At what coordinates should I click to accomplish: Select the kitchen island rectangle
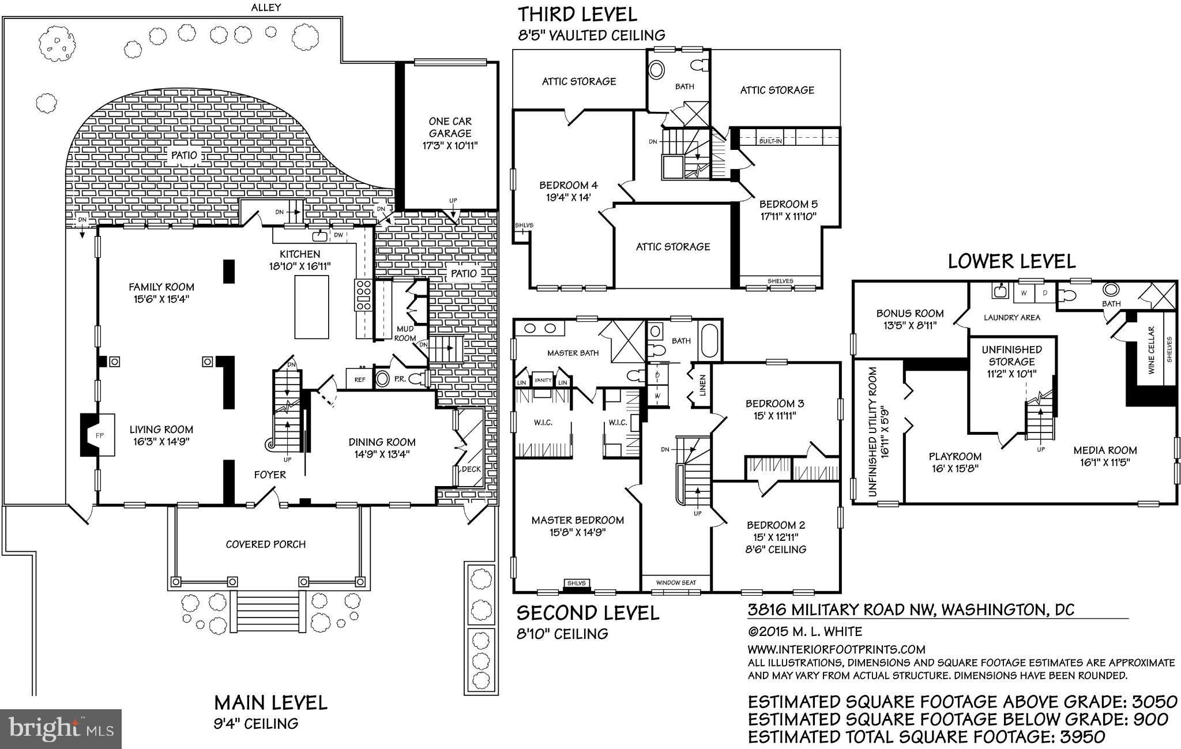(x=311, y=307)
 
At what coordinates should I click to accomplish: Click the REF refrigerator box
(x=359, y=379)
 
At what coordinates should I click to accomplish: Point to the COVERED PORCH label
(x=265, y=544)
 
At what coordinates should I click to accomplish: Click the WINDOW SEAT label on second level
(x=676, y=582)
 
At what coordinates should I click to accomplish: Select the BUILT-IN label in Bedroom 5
(x=770, y=141)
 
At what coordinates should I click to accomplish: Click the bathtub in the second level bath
(x=709, y=341)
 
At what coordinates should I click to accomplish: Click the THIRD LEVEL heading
(x=577, y=14)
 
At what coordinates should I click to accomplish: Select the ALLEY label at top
(x=266, y=7)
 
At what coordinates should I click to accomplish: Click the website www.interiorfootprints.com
(x=836, y=649)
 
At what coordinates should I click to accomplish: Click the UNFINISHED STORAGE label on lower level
(x=1011, y=356)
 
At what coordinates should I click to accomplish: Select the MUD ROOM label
(x=405, y=333)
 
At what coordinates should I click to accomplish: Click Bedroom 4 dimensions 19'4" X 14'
(x=568, y=197)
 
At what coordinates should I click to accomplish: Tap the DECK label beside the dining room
(x=471, y=469)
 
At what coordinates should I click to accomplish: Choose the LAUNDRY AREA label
(x=1011, y=317)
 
